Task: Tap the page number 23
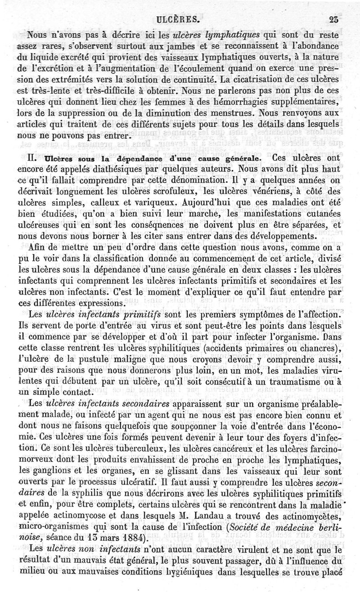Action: [x=334, y=19]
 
